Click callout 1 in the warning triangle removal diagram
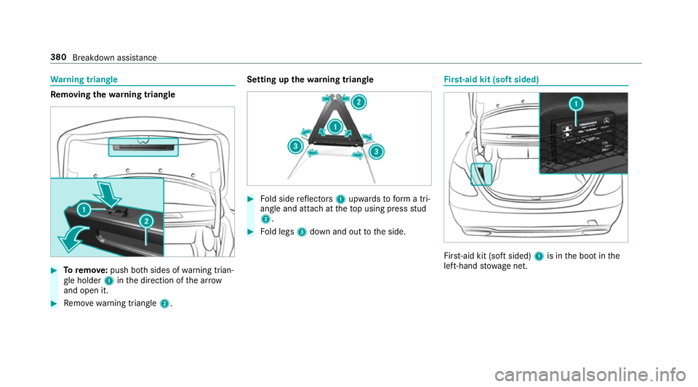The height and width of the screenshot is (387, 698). click(x=84, y=210)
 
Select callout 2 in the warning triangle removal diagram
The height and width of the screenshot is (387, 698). click(x=145, y=220)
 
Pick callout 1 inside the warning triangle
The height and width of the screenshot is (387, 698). click(x=335, y=126)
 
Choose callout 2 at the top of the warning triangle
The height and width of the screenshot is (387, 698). click(x=359, y=103)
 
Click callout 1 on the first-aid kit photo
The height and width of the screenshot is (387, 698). click(x=575, y=104)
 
